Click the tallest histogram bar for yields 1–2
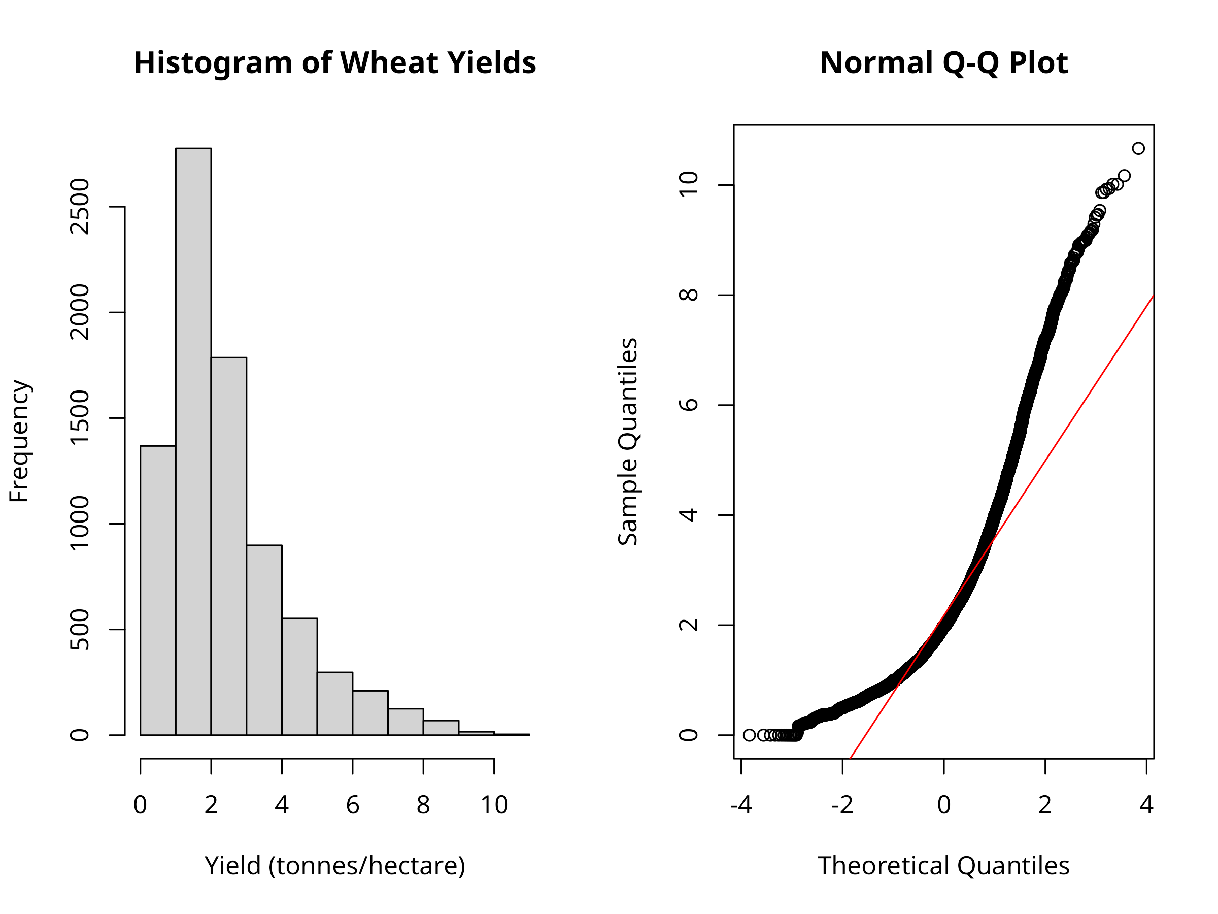pos(193,441)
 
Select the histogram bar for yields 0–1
pos(158,590)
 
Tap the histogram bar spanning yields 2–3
pos(228,545)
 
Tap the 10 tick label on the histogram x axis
pos(494,805)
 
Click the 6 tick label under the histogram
pos(352,805)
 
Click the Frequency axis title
pos(20,441)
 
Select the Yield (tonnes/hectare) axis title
pos(335,866)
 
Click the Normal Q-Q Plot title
pos(944,63)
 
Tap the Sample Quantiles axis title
pos(628,441)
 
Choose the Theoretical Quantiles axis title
pos(944,866)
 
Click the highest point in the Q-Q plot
pos(1138,148)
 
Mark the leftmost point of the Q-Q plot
pos(749,735)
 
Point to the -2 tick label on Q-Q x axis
pos(842,805)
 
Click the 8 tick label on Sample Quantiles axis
pos(689,295)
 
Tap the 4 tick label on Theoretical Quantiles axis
pos(1146,805)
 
